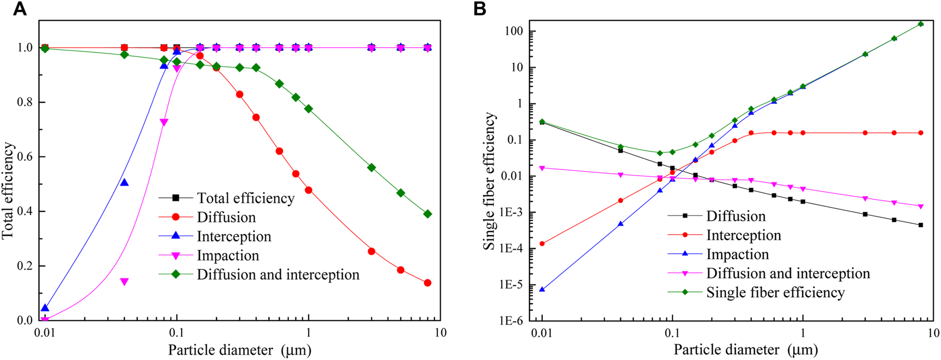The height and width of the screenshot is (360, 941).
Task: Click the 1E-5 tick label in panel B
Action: coord(513,285)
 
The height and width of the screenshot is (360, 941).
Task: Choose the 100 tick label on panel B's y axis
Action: coord(516,32)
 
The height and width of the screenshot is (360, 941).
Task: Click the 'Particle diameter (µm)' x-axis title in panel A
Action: coord(239,350)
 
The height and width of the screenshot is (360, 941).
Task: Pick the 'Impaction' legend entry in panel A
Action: coord(228,256)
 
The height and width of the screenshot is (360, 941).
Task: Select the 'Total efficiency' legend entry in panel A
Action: coord(245,198)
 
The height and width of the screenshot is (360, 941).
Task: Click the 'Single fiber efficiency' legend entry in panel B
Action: coord(775,292)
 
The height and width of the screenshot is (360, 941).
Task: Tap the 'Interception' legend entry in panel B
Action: coord(743,235)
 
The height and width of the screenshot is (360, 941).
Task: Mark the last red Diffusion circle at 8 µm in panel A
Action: coord(428,283)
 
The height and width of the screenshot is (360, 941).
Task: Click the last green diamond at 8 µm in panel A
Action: coord(428,214)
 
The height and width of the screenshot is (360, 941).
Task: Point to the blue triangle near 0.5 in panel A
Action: coord(124,183)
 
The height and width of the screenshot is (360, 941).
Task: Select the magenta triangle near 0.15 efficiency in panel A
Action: coord(124,282)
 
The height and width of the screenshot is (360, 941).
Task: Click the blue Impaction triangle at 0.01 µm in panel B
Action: coord(542,289)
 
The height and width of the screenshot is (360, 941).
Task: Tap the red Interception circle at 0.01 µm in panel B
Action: coord(542,244)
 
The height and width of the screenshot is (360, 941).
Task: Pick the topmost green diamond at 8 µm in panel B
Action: coord(921,24)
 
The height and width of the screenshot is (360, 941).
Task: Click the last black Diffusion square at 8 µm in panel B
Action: coord(921,225)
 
